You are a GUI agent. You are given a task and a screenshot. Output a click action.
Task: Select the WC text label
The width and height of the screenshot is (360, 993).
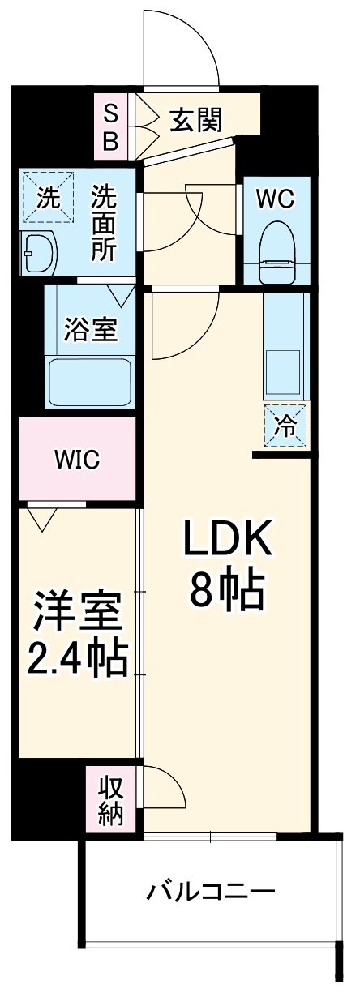point(276,198)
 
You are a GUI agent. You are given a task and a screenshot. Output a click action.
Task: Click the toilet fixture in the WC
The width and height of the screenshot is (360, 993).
point(276,251)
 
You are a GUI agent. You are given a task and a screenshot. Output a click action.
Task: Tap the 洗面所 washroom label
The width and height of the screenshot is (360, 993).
point(102,223)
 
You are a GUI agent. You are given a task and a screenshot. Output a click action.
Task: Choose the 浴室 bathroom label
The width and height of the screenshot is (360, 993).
point(91,329)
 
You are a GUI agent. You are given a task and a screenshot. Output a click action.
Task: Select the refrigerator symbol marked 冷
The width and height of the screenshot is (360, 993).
point(285,425)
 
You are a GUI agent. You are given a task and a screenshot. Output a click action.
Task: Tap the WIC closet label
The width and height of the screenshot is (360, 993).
point(77,460)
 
